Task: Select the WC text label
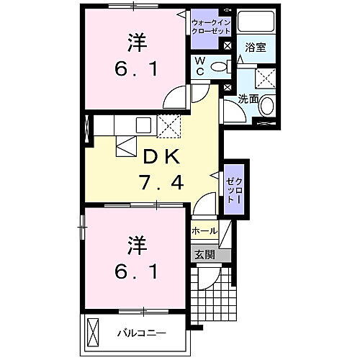click(198, 67)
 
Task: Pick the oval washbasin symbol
click(267, 107)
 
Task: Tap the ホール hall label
click(204, 231)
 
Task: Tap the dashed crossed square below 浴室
click(266, 78)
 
